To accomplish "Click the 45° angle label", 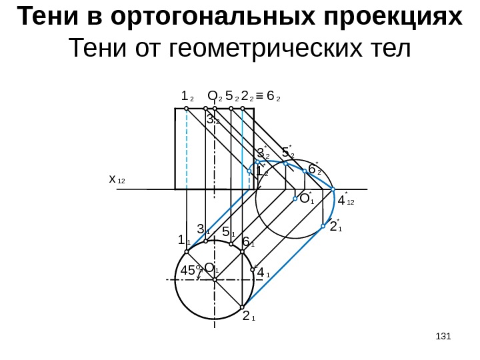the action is tap(191, 271).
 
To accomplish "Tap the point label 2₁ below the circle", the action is tap(249, 315).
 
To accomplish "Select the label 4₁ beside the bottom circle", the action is tap(263, 271).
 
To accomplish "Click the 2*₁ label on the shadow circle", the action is tap(335, 226).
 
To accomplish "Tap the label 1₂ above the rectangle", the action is tap(187, 96).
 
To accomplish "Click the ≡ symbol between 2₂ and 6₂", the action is tap(259, 96).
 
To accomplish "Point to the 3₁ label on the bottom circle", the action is tap(203, 229).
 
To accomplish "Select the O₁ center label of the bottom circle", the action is tap(211, 268).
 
